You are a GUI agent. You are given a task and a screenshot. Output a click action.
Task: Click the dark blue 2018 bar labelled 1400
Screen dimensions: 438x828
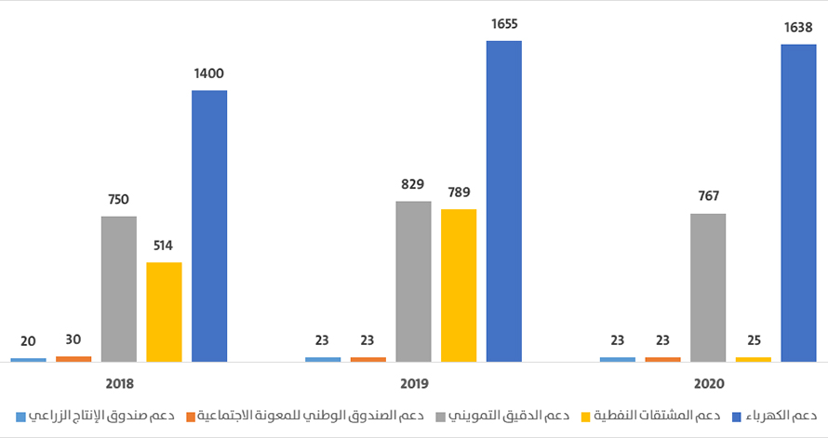209,225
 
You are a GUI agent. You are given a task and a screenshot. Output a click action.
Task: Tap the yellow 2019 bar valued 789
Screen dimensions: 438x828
459,285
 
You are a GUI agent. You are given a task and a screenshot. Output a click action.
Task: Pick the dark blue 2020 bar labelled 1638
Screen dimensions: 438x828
798,202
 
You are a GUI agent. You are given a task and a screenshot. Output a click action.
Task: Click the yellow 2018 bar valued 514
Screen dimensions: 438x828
164,312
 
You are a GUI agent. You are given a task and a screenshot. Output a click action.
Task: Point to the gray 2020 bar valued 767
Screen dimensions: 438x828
708,286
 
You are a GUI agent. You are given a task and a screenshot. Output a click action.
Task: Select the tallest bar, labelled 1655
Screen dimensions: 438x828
504,200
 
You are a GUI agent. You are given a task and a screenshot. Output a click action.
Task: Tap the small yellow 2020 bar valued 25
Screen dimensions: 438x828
754,359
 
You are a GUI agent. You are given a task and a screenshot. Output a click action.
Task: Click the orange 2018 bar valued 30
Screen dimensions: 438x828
73,358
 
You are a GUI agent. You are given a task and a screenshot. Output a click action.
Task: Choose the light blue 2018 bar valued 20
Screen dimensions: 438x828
28,359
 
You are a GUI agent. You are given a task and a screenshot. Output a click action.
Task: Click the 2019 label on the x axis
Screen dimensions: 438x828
413,383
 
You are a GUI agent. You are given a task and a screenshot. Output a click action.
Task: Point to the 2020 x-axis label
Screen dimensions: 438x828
708,383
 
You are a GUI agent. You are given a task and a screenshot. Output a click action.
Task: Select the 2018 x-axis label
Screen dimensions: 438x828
119,383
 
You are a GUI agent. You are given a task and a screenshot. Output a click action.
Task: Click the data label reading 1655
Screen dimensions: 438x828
504,24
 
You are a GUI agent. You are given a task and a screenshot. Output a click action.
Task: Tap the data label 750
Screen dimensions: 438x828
118,199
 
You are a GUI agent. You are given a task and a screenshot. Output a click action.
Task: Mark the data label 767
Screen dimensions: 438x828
707,196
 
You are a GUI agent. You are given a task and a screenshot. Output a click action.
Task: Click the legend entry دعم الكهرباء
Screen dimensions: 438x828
778,414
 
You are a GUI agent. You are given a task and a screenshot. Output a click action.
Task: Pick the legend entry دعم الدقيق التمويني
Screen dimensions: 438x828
501,414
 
